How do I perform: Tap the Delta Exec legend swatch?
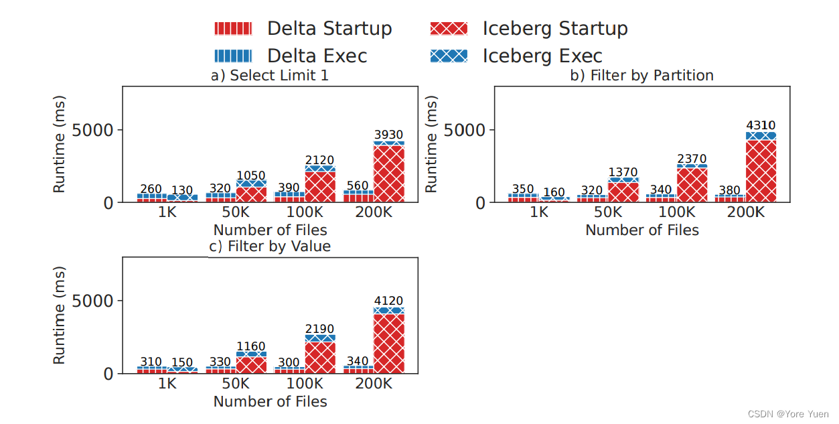[x=233, y=56]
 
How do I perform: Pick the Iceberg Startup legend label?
[x=555, y=28]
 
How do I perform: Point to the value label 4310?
[x=761, y=125]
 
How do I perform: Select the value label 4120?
[x=389, y=301]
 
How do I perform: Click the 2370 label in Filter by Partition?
[x=692, y=159]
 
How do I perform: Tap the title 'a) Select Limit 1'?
[x=270, y=75]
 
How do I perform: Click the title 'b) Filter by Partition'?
[x=641, y=75]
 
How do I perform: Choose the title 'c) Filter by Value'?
[x=270, y=246]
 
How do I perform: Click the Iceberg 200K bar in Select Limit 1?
[x=389, y=173]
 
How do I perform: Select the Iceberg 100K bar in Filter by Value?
[x=320, y=355]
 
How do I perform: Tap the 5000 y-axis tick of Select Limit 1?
[x=98, y=130]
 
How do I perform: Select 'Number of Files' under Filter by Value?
[x=270, y=401]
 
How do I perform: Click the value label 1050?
[x=251, y=175]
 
